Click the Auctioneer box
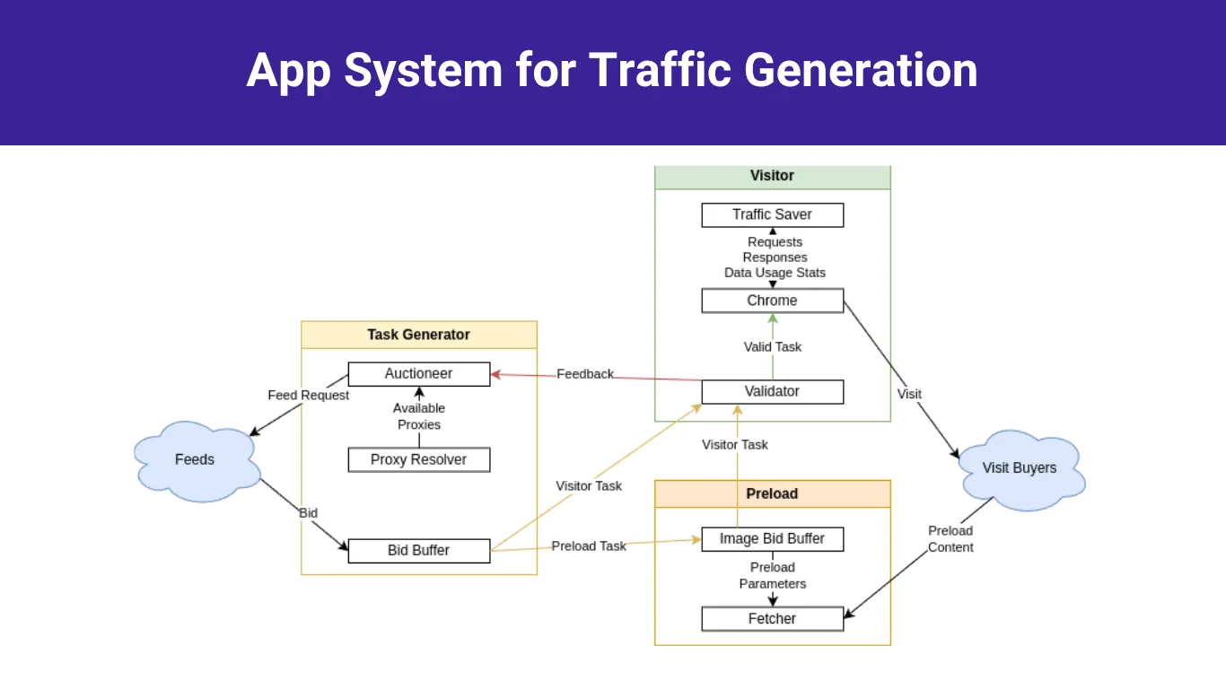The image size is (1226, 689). coord(418,374)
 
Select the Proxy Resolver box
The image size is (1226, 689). coord(418,460)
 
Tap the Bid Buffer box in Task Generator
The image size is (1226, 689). coord(418,551)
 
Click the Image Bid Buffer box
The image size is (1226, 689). coord(772,539)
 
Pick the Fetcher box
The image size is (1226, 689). coord(772,619)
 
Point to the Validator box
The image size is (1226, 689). coord(772,392)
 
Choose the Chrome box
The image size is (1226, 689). coord(772,301)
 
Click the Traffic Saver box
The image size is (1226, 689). coord(772,215)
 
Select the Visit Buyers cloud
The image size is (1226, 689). coord(1020,468)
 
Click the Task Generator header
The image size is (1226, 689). coord(418,335)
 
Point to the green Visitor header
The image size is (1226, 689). coord(772,176)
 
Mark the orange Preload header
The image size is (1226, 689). coord(772,494)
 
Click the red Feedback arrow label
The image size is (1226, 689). coord(585,374)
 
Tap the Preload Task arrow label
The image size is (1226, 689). coord(589,546)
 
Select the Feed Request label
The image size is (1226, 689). coord(309,396)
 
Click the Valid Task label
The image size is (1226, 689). coord(773,347)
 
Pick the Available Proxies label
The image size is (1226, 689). coord(419,416)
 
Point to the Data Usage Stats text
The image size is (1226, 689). coord(775,273)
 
